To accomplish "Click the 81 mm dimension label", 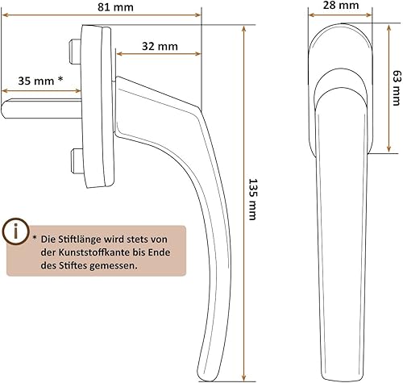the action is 115,7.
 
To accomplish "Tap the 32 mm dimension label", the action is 160,46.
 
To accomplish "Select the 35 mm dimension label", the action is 36,81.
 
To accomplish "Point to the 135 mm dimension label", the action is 252,199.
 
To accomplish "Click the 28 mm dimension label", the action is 341,5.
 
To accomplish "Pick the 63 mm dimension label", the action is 397,88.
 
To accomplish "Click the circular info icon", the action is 16,231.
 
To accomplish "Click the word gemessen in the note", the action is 114,266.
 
